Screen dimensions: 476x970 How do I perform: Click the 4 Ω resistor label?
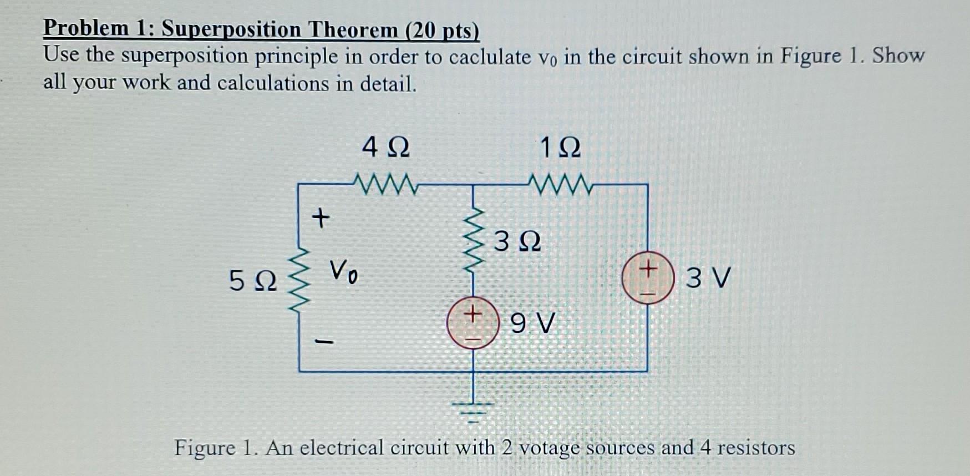click(386, 148)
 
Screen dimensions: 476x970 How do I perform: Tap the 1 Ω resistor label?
click(560, 148)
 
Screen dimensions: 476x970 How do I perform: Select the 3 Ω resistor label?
click(517, 242)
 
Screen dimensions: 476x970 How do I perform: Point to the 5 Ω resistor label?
click(253, 281)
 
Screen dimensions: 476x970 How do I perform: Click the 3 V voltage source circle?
click(648, 278)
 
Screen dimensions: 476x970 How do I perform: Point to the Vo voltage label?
click(344, 272)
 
